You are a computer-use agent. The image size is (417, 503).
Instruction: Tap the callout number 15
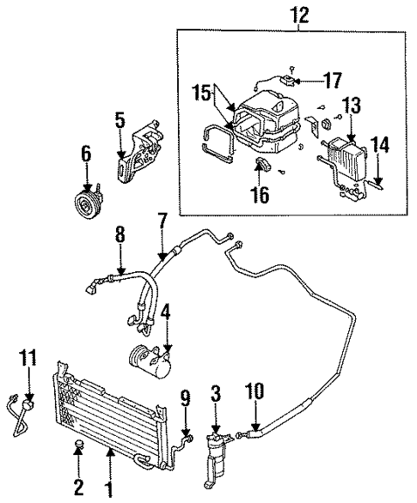click(x=201, y=91)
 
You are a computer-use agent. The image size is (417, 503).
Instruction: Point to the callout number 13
click(x=352, y=106)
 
